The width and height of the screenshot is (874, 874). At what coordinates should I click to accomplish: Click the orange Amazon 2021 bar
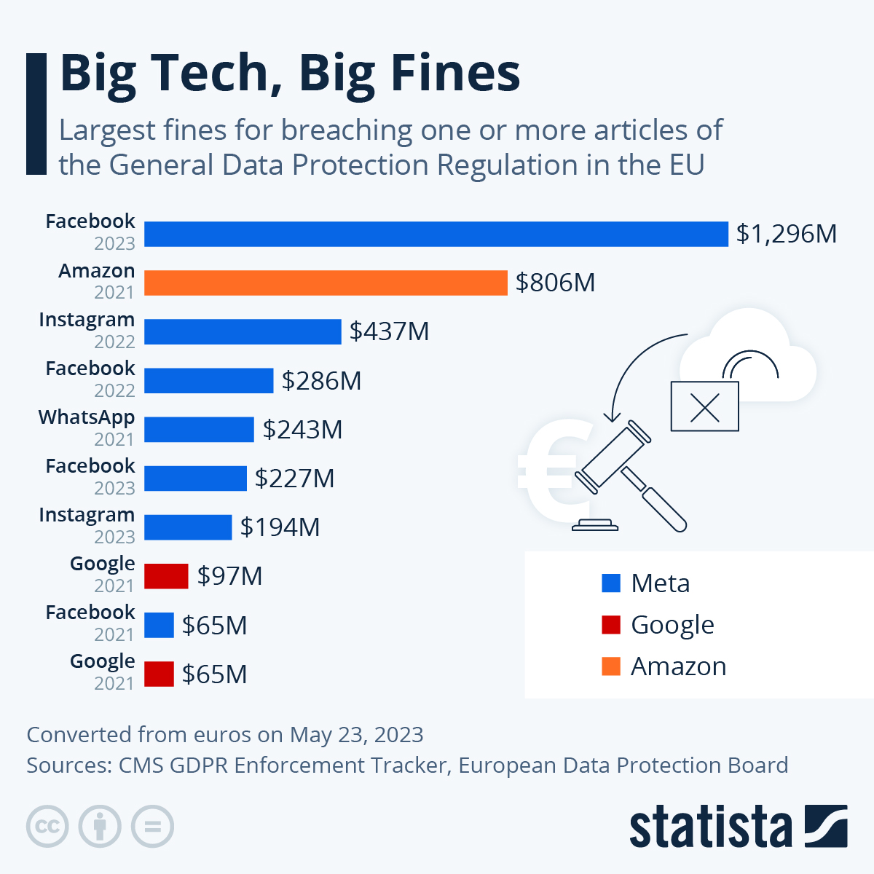coord(326,283)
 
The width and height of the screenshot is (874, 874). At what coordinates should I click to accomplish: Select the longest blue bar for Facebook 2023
coord(436,234)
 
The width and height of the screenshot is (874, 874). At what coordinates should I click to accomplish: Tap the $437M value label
coord(389,331)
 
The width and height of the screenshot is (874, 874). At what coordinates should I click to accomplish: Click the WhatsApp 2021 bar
coord(199,430)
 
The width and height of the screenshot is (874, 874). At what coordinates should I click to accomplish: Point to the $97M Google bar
coord(166,576)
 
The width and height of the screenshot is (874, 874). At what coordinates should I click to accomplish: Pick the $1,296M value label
coord(786,234)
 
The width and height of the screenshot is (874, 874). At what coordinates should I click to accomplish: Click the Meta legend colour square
coord(611,583)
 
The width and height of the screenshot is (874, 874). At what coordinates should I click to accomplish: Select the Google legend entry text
coord(672,625)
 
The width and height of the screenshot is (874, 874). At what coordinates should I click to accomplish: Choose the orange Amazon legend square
coord(611,666)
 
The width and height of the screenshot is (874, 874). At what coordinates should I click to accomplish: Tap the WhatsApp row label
coord(87,418)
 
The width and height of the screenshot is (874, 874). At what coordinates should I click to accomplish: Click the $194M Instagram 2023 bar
coord(188,527)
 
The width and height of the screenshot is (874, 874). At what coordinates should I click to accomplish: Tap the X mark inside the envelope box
coord(704,406)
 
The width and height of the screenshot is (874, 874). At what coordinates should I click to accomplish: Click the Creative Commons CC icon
coord(47,827)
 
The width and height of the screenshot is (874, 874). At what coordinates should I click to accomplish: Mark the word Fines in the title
coord(455,74)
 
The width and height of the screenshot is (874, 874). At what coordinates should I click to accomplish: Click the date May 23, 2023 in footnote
coord(356,734)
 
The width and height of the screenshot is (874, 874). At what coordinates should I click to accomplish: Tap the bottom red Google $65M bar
coord(159,674)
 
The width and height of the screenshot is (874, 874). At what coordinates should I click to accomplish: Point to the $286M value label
coord(321,381)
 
